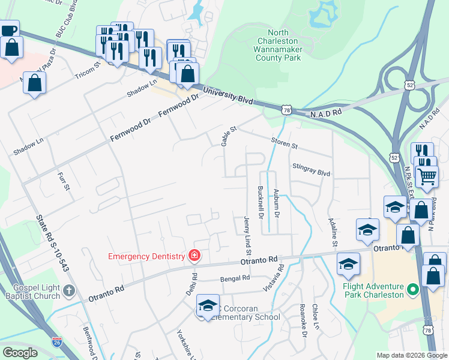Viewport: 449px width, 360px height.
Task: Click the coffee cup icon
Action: click(x=9, y=30)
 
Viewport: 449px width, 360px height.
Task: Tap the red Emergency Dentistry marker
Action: click(x=194, y=256)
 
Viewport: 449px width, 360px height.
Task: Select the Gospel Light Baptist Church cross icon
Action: click(x=69, y=291)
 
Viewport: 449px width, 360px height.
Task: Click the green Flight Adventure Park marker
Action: click(x=412, y=290)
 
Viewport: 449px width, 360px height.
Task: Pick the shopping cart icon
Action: click(x=427, y=176)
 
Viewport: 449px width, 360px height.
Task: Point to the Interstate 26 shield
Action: click(x=57, y=342)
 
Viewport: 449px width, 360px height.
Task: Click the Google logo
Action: click(x=20, y=353)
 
